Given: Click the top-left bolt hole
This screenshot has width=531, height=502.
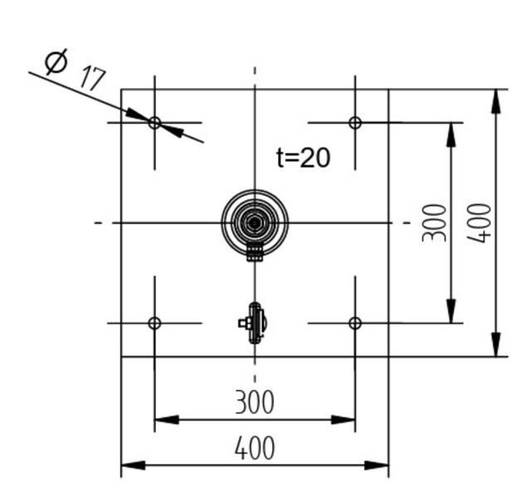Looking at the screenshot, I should [154, 123].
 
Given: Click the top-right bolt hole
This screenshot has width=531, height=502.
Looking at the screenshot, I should [355, 123].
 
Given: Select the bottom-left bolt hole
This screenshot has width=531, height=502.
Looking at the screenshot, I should [154, 323].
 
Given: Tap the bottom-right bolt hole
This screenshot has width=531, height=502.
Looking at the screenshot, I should [355, 323].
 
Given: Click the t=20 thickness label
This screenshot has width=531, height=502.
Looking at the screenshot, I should [303, 158].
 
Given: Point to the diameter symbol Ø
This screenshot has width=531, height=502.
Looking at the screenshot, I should [56, 62].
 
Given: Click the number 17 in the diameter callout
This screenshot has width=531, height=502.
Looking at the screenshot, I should [92, 79].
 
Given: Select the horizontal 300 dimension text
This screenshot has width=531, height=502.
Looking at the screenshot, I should [254, 403].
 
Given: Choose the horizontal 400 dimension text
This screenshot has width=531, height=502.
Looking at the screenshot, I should [254, 449].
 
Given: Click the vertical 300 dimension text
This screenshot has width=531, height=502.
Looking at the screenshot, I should [434, 222].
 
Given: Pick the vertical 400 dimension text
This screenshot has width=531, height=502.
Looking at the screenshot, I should [479, 222].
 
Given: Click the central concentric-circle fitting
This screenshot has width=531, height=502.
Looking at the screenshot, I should [255, 222].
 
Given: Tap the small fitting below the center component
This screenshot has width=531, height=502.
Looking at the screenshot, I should [254, 323].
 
